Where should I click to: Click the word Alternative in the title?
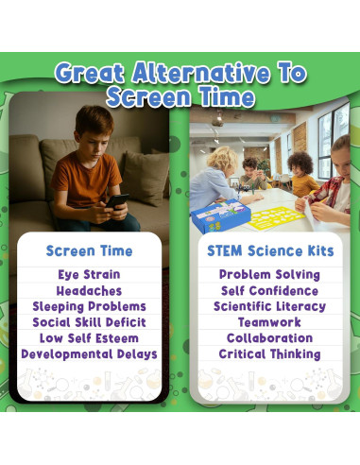pos(201,73)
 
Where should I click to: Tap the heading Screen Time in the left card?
pos(89,251)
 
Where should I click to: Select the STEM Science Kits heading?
pos(270,251)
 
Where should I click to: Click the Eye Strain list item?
pos(89,274)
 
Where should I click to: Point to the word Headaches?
pos(89,291)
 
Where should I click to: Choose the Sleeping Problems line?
pos(89,306)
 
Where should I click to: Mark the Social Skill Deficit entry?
pos(89,322)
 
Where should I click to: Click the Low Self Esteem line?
pos(89,338)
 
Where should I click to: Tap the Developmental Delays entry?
pos(89,354)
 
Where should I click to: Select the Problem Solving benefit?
pos(269,274)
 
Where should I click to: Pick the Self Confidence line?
pos(269,291)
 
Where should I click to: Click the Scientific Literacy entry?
pos(269,306)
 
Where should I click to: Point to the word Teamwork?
pos(269,322)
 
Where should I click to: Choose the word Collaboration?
pos(269,338)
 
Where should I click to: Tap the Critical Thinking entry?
pos(269,354)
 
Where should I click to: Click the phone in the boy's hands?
pos(117,201)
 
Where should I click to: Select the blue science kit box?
pos(220,215)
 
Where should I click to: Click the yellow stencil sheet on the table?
pos(276,218)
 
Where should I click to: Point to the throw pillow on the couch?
pos(146,178)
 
